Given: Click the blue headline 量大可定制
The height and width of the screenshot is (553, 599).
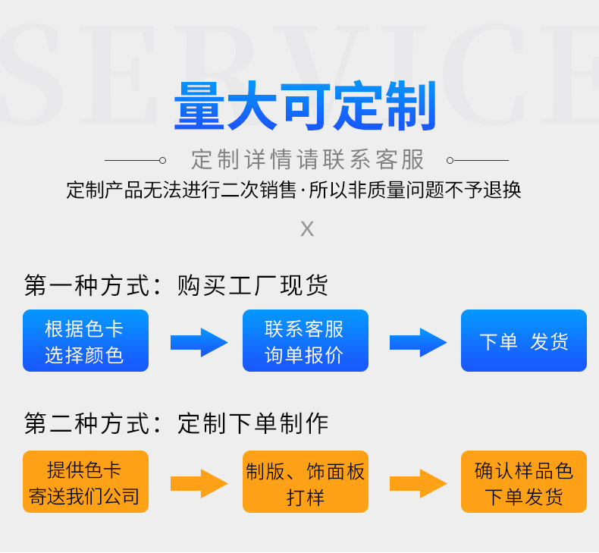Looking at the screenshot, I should tap(306, 107).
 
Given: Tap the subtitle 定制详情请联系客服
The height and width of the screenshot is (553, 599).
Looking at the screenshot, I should tap(307, 160).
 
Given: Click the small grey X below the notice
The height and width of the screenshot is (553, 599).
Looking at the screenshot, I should tap(307, 228).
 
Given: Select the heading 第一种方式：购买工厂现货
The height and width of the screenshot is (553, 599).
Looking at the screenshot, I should tap(176, 285).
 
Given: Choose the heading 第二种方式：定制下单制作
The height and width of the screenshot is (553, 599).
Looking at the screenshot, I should tap(176, 423).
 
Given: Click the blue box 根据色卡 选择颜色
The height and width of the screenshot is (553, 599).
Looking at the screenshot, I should tap(85, 341).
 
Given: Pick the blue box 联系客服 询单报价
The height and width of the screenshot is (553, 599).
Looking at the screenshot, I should tap(305, 341).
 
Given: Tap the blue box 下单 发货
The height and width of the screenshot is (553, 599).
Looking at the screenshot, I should tap(523, 341).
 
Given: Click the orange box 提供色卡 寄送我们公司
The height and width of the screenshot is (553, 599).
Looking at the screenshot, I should tap(85, 482).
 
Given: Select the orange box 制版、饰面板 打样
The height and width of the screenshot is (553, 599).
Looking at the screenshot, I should tap(305, 482).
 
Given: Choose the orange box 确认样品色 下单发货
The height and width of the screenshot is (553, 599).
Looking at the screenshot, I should tap(523, 482).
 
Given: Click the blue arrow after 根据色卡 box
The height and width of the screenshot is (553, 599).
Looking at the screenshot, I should tap(199, 342).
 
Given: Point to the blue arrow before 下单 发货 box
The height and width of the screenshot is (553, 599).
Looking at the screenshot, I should tap(418, 342).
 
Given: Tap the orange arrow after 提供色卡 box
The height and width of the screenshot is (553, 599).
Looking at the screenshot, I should tap(199, 483).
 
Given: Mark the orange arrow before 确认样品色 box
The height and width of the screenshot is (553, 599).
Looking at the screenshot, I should tap(418, 483).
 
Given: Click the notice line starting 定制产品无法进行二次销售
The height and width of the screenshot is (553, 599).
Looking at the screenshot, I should tap(294, 190).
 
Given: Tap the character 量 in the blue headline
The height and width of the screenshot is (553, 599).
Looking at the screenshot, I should tap(199, 107).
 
